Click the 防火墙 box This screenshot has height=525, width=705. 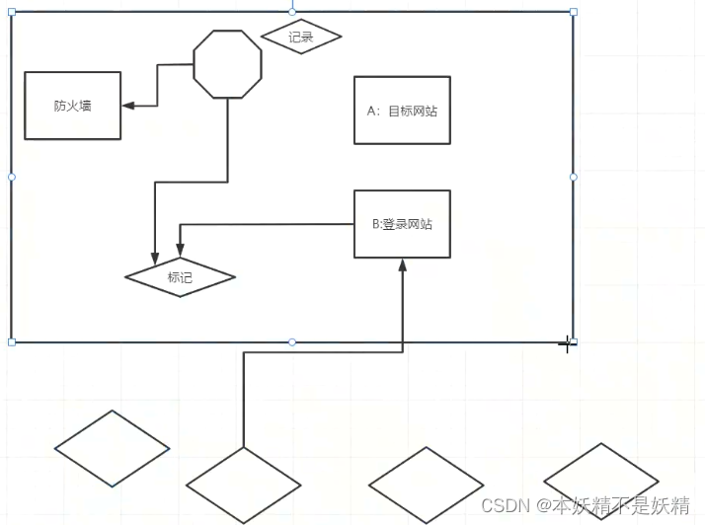pyautogui.click(x=72, y=106)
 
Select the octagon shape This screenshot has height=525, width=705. pyautogui.click(x=228, y=64)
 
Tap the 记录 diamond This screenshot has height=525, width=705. pyautogui.click(x=301, y=37)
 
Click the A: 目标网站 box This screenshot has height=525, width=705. pyautogui.click(x=402, y=111)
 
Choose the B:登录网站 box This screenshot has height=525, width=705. pyautogui.click(x=402, y=224)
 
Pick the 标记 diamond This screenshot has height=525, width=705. pyautogui.click(x=180, y=277)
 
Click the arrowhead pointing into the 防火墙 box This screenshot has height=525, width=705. pyautogui.click(x=127, y=105)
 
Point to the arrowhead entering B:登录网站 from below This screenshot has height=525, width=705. pyautogui.click(x=403, y=264)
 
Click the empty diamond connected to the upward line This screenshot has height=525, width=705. pyautogui.click(x=243, y=485)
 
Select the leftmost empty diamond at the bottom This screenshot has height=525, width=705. pyautogui.click(x=113, y=449)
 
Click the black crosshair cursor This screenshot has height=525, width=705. pyautogui.click(x=567, y=343)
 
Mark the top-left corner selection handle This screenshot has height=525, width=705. pyautogui.click(x=12, y=13)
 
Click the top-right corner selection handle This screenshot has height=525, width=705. pyautogui.click(x=574, y=13)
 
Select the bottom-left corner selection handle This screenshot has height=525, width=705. pyautogui.click(x=12, y=341)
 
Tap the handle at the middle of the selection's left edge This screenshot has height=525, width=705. pyautogui.click(x=12, y=177)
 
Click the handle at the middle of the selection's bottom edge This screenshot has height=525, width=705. pyautogui.click(x=292, y=341)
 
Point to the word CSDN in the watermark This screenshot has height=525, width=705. pyautogui.click(x=500, y=506)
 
